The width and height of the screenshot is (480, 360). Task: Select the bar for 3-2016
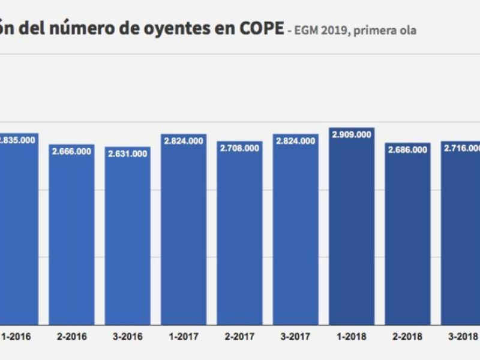[128, 240]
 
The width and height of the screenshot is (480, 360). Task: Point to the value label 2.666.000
[71, 151]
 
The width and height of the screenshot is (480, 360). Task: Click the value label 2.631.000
[128, 154]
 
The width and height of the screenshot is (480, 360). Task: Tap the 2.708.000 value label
[239, 148]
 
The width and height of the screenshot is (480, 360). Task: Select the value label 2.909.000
[352, 135]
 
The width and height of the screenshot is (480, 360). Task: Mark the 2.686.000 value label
[407, 150]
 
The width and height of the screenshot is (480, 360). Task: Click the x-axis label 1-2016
[17, 337]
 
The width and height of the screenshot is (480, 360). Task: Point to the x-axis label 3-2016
[128, 337]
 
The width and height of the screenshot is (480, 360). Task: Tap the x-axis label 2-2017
[239, 337]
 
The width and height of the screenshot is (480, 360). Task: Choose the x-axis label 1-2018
[352, 337]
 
